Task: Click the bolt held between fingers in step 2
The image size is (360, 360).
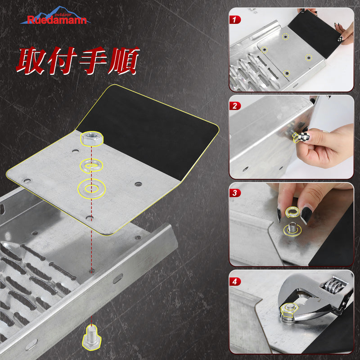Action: tap(297, 137)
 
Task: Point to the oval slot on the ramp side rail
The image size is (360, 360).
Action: tap(118, 279)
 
